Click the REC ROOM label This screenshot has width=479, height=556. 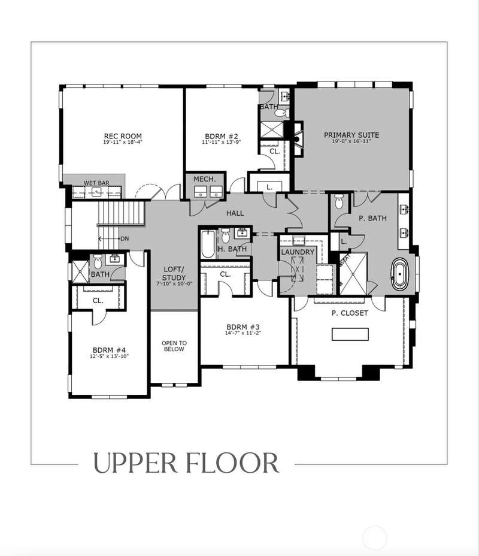click(x=123, y=136)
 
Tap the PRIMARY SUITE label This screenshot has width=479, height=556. click(x=351, y=135)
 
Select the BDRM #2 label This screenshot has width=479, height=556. click(x=222, y=137)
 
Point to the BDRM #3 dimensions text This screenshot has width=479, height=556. click(x=243, y=333)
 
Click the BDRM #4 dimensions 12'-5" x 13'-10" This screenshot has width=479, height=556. click(x=109, y=356)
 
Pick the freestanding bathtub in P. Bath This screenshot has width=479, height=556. click(x=400, y=273)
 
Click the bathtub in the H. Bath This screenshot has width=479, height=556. click(x=208, y=244)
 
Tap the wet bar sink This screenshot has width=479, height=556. click(x=96, y=192)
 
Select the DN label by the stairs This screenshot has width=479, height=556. click(x=125, y=238)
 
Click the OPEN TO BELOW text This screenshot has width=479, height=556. click(x=174, y=346)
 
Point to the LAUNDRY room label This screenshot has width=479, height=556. click(x=298, y=252)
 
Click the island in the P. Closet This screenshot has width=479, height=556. click(x=350, y=334)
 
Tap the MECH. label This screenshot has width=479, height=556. click(x=205, y=179)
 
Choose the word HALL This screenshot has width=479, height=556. click(x=235, y=213)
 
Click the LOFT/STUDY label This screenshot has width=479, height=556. click(x=174, y=273)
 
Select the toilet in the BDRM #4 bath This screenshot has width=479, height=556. click(x=98, y=262)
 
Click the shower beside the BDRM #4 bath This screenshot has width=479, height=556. click(x=80, y=271)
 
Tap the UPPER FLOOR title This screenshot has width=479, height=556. click(x=186, y=463)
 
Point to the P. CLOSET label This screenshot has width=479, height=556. click(x=350, y=313)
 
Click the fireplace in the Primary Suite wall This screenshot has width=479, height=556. click(x=297, y=138)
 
